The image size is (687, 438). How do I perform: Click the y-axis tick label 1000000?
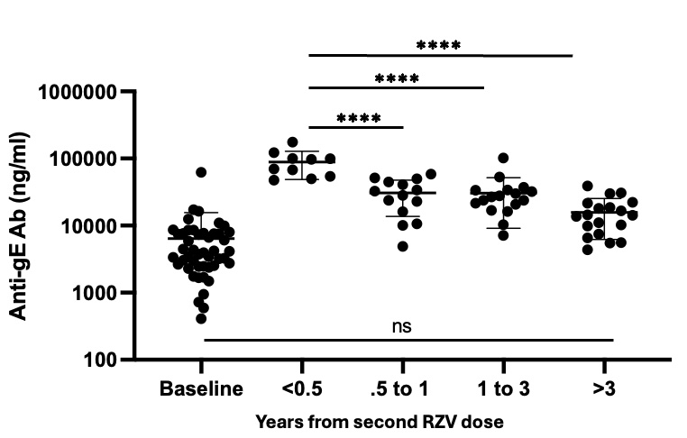point(87,92)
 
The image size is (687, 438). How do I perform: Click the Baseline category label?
point(201,389)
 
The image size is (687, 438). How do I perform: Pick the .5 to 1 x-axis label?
point(401,389)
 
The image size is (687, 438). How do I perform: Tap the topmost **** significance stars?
point(439,46)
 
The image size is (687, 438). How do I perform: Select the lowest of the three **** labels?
point(358,118)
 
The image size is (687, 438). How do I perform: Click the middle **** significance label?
point(397,78)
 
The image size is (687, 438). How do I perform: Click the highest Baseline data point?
point(201,172)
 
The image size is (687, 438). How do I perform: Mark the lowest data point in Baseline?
point(201,318)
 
